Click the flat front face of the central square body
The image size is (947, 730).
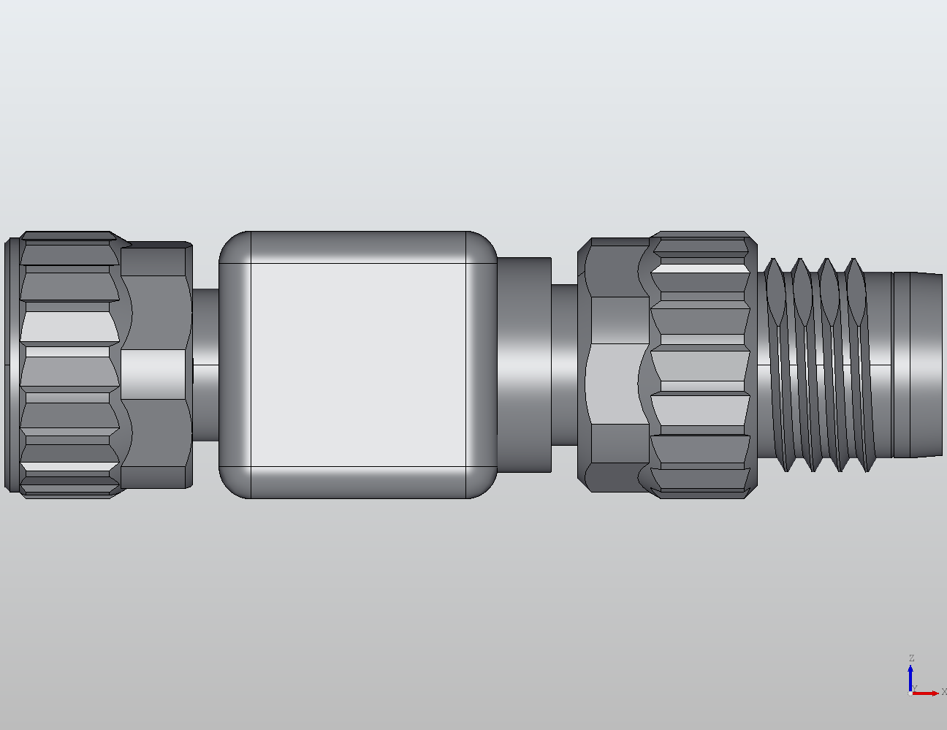pos(358,364)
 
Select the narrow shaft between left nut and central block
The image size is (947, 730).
pos(205,364)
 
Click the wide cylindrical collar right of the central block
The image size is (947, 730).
pos(524,364)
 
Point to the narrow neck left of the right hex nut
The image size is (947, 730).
pos(563,364)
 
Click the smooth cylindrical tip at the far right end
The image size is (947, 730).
pos(917,364)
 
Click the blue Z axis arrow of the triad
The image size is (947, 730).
pos(910,676)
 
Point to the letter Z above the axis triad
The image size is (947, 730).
pos(911,658)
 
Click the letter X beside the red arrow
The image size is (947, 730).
pos(943,692)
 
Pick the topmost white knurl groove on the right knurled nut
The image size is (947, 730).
pos(700,268)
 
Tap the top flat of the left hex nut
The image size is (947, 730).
pos(156,262)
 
